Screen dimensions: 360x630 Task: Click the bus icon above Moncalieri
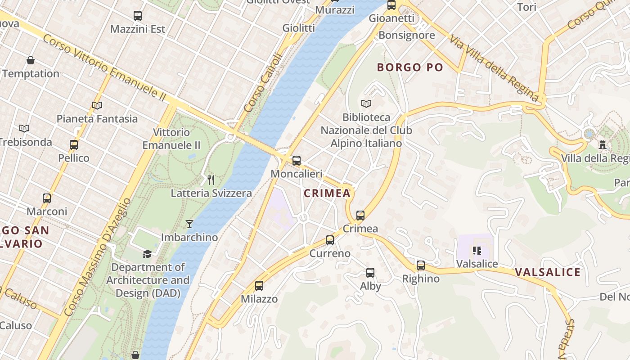tap(296, 160)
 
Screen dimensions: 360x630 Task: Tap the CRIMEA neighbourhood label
tap(327, 193)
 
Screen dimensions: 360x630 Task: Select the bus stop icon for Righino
tap(420, 265)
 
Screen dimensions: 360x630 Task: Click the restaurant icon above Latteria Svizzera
tap(211, 180)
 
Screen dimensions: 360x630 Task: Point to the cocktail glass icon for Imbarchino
tap(189, 224)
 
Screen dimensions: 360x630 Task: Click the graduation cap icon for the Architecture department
tap(147, 254)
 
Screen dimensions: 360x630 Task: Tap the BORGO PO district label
tap(410, 67)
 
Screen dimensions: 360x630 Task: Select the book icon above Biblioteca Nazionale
tap(366, 103)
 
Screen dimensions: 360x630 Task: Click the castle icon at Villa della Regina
tap(603, 145)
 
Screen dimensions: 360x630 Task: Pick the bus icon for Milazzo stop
tap(259, 285)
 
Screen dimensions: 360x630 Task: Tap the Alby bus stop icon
tap(370, 272)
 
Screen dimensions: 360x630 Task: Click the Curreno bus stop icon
tap(330, 240)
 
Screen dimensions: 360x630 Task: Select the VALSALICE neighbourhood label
tap(547, 272)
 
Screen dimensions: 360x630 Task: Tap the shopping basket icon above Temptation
tap(31, 60)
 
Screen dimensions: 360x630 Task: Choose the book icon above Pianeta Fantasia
tap(97, 105)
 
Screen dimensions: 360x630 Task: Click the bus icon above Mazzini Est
tap(138, 16)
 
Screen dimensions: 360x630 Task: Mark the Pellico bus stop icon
tap(74, 145)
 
